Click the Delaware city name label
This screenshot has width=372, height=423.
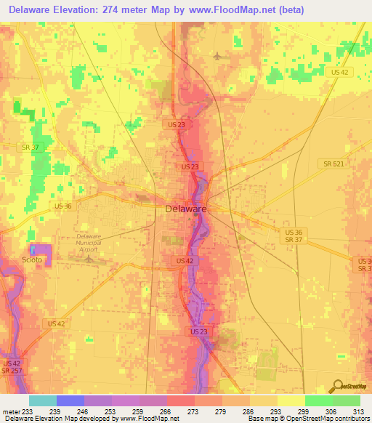pyautogui.click(x=186, y=209)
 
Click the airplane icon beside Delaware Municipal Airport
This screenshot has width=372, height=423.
pyautogui.click(x=90, y=257)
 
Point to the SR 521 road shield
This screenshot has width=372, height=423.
pyautogui.click(x=333, y=164)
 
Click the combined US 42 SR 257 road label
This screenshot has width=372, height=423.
pyautogui.click(x=12, y=367)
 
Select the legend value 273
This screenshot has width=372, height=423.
pyautogui.click(x=193, y=411)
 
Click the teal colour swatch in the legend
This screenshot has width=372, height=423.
pyautogui.click(x=42, y=400)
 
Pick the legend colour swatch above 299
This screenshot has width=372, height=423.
pyautogui.click(x=318, y=400)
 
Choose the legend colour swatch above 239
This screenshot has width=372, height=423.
pyautogui.click(x=70, y=400)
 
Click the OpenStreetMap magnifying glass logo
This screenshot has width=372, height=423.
pyautogui.click(x=338, y=386)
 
